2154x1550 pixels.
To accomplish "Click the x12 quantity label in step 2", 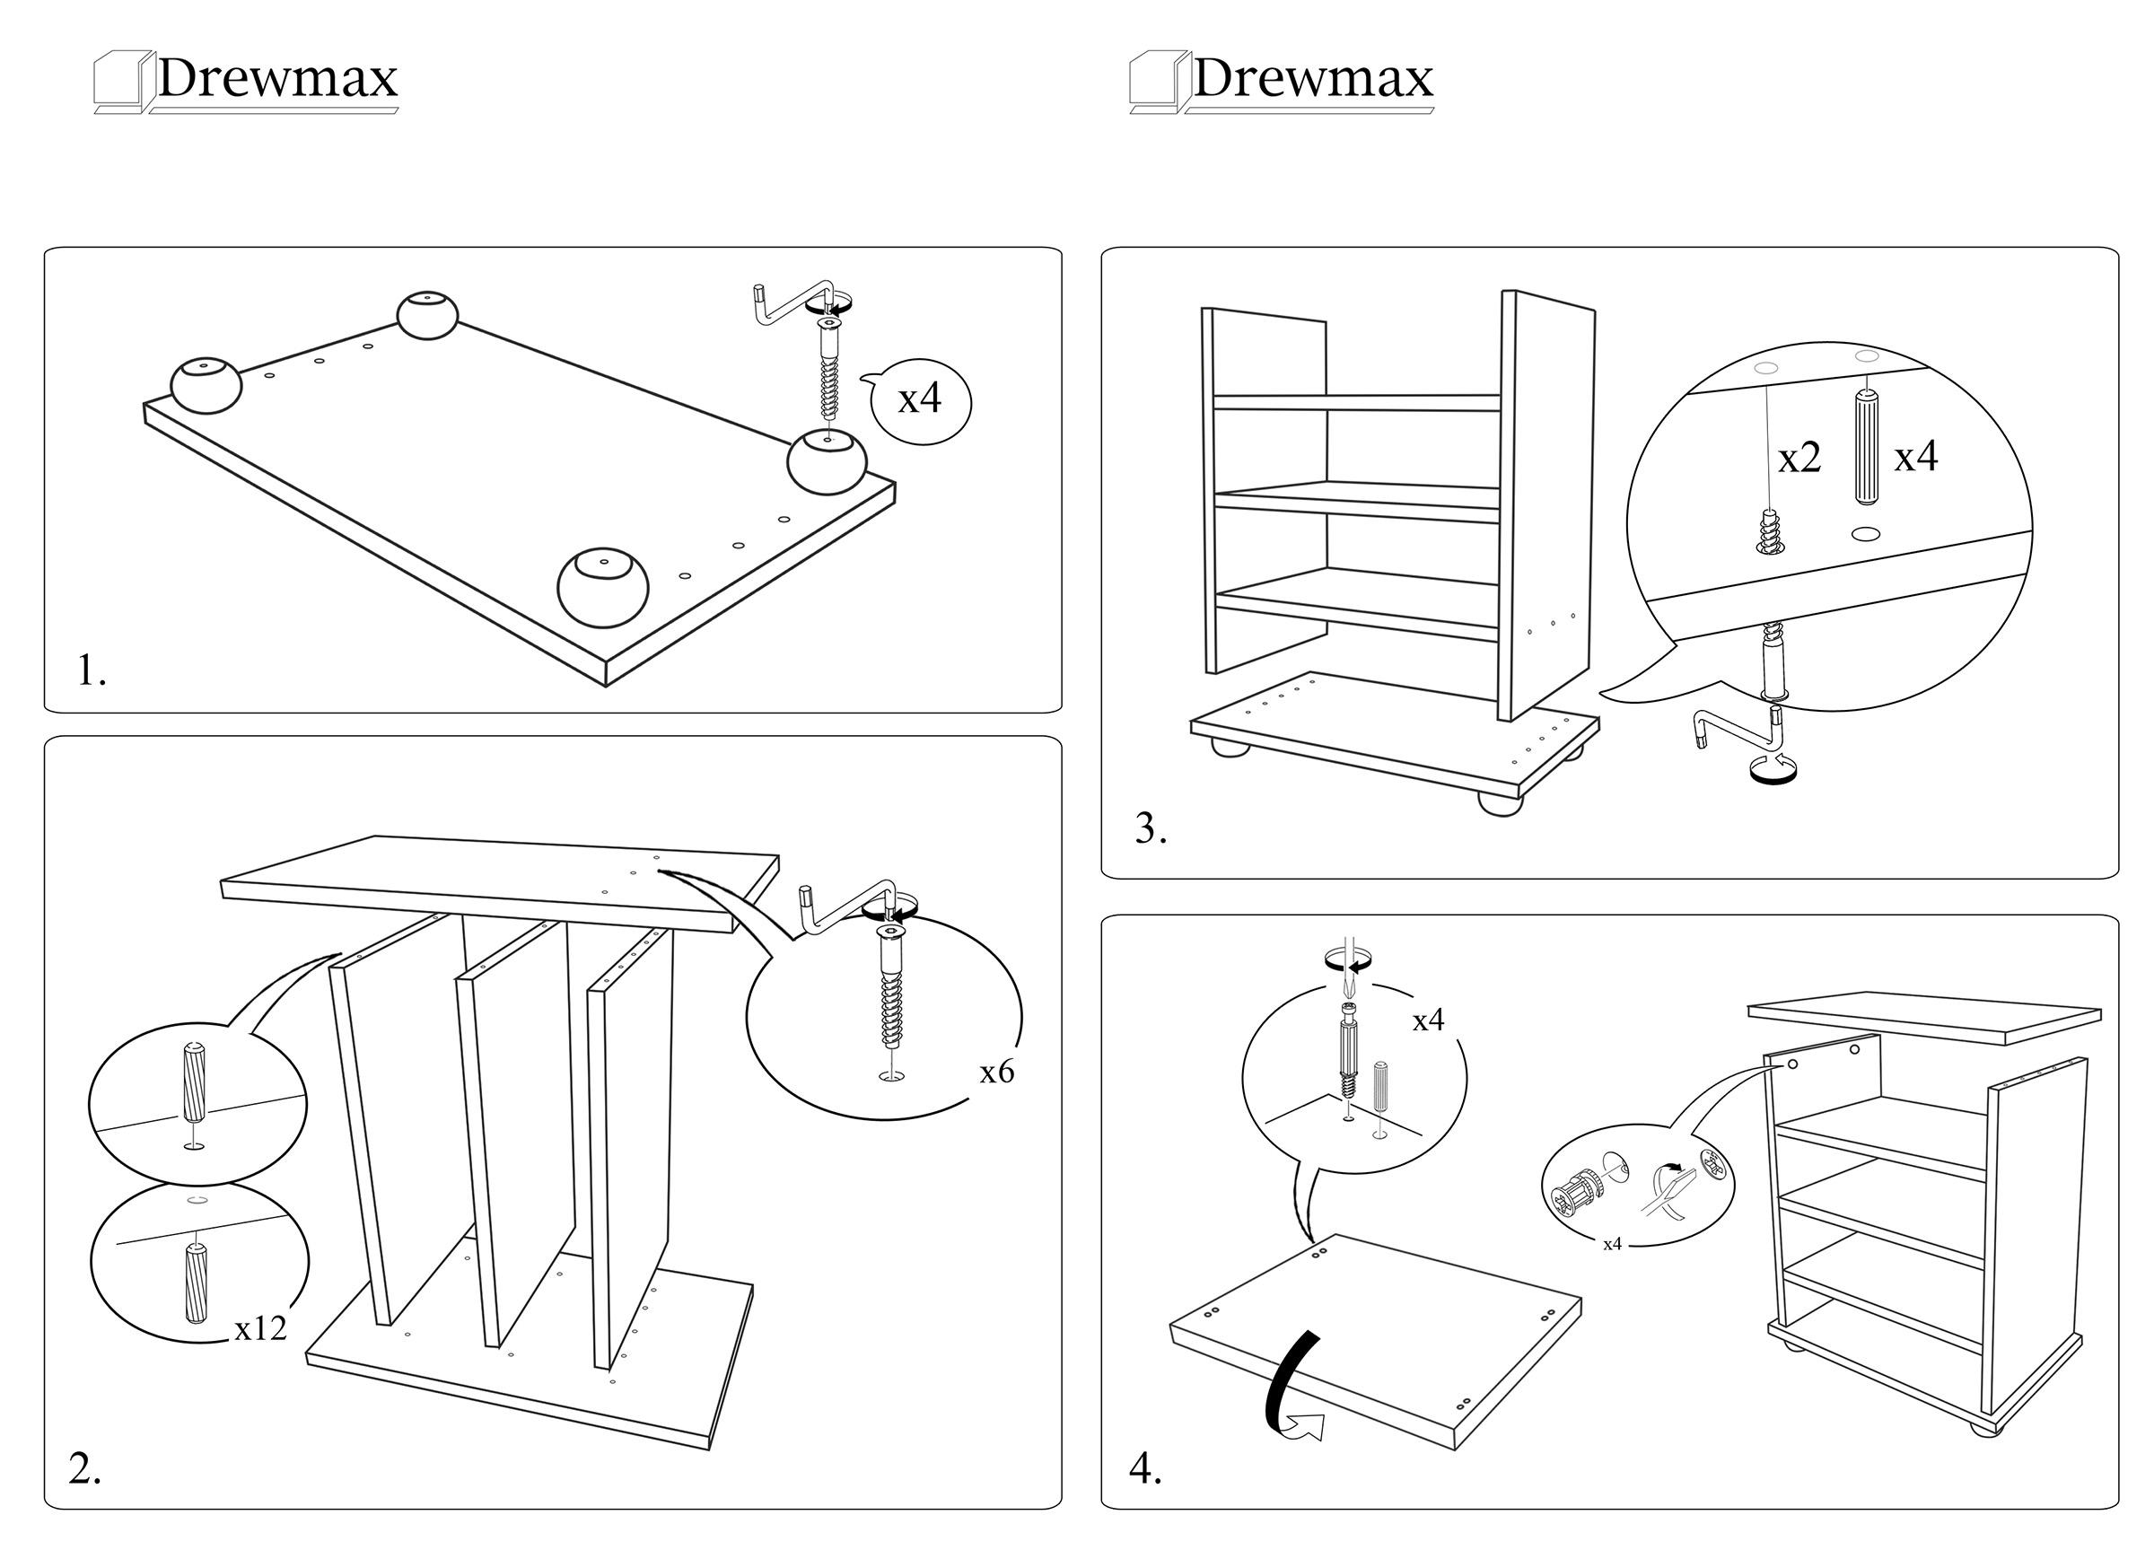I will (260, 1327).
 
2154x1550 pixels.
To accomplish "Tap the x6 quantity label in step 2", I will (997, 1073).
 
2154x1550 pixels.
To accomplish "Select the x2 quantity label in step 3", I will (1799, 459).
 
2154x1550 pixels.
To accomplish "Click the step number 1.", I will (91, 670).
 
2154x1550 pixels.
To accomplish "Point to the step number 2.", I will (84, 1468).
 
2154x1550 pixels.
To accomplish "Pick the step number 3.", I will (1150, 829).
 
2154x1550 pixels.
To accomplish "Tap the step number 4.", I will (1145, 1468).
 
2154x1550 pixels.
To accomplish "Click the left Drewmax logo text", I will (276, 78).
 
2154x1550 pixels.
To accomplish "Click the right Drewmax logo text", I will (1312, 78).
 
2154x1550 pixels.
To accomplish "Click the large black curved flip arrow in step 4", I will (1288, 1387).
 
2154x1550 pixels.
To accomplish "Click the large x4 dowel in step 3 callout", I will (1866, 446).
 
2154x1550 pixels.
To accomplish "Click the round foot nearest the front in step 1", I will (603, 587).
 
